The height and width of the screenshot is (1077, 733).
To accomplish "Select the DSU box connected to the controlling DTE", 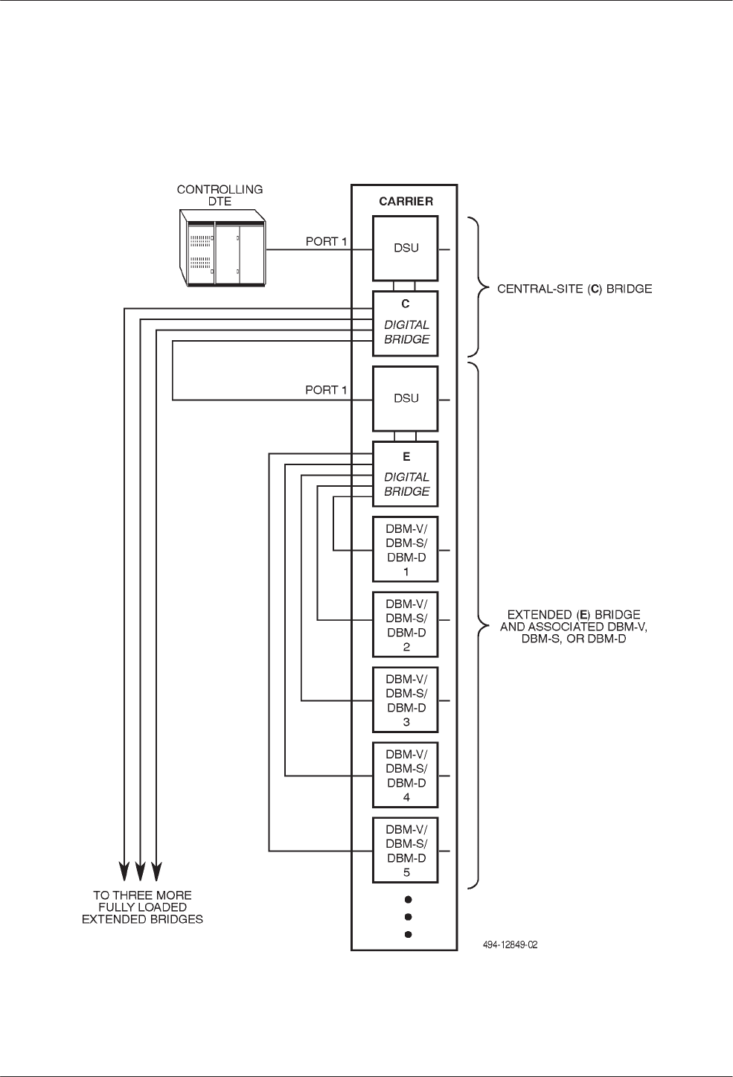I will coord(406,249).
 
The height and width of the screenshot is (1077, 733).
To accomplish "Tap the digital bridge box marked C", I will coord(406,323).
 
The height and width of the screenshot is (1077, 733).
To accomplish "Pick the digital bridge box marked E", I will coord(406,474).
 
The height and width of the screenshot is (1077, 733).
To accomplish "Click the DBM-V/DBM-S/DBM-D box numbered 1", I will coord(406,549).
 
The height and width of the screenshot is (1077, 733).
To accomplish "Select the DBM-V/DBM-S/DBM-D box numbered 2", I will coord(406,624).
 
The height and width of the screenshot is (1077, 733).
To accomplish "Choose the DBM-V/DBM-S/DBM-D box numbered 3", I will coord(406,700).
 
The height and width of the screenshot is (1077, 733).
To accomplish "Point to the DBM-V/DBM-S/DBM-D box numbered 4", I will coord(406,776).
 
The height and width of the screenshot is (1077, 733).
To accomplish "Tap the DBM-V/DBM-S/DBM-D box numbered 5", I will coord(406,851).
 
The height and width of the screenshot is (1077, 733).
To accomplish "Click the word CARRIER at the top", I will coord(406,201).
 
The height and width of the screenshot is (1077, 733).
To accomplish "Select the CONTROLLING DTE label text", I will coord(220,195).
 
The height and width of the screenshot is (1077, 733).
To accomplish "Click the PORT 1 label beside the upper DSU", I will coord(326,242).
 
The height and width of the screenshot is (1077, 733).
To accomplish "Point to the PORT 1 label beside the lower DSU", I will coord(326,390).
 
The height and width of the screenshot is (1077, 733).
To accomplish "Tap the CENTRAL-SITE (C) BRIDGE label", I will coord(574,289).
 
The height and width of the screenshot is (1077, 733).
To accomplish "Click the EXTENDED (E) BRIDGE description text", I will coord(574,627).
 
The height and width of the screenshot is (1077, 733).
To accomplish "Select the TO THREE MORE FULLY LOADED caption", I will coord(142,907).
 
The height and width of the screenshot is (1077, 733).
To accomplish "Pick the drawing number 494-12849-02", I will coord(510,945).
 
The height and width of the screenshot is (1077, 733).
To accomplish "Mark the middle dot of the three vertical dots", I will coord(408,917).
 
